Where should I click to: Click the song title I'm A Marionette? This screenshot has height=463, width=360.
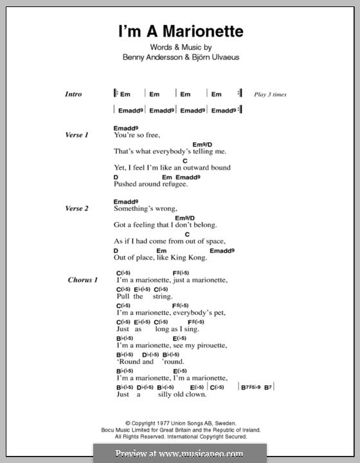tap(179, 31)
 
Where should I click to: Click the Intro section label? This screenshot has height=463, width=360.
tap(73, 94)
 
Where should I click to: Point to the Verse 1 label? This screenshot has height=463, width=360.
tap(76, 135)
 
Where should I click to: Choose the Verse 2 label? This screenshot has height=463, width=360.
tap(76, 208)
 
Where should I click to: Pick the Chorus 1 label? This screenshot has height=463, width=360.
tap(82, 280)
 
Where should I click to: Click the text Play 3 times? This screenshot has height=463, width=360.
tap(270, 95)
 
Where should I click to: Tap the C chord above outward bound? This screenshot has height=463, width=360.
tap(184, 160)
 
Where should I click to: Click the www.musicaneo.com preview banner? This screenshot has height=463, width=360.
tap(179, 453)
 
